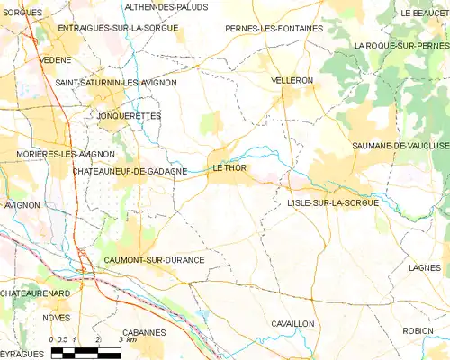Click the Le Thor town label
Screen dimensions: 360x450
click(x=229, y=167)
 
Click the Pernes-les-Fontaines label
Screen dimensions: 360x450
click(x=274, y=29)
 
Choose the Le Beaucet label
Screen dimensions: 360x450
click(x=426, y=13)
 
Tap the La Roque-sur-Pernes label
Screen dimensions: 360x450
click(x=401, y=45)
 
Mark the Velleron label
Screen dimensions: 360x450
click(x=292, y=80)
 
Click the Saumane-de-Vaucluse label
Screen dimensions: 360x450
click(x=400, y=146)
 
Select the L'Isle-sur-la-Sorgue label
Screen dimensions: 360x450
click(x=333, y=203)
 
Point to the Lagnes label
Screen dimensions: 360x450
click(x=423, y=267)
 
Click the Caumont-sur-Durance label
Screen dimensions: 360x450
click(x=154, y=259)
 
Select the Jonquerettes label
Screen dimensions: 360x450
click(x=129, y=116)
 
